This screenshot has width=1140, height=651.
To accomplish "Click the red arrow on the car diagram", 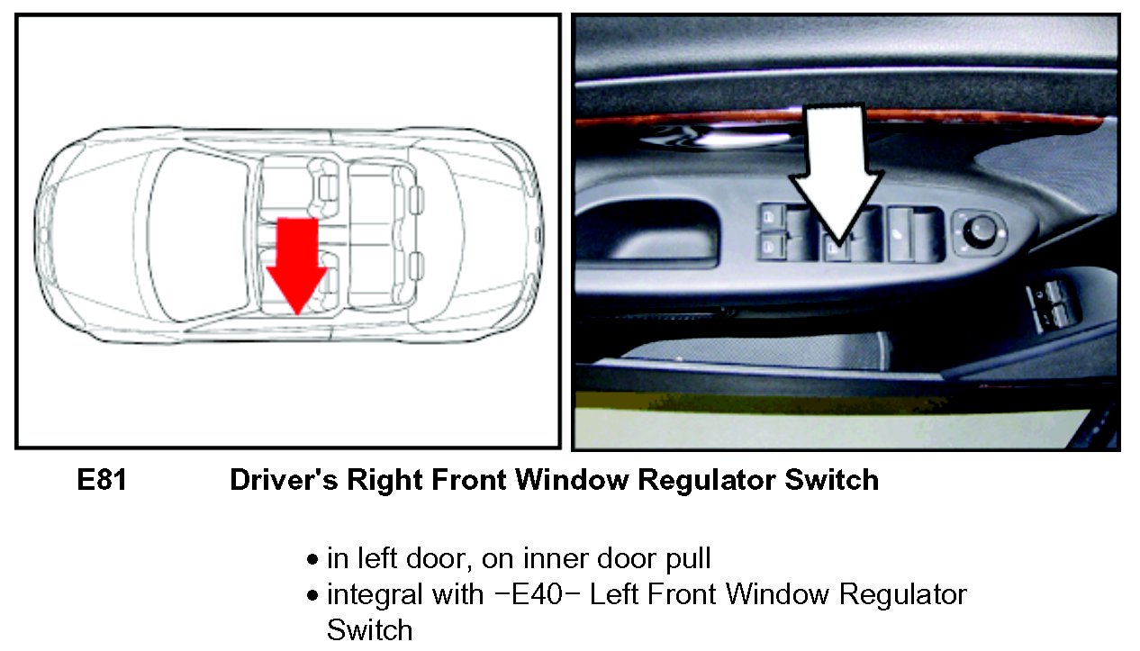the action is pyautogui.click(x=296, y=265).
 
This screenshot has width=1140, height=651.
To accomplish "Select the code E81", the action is pyautogui.click(x=102, y=480).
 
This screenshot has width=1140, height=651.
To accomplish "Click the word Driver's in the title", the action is pyautogui.click(x=284, y=480).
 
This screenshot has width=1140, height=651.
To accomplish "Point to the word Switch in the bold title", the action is pyautogui.click(x=832, y=480).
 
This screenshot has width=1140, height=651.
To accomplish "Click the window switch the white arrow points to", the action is pyautogui.click(x=837, y=249).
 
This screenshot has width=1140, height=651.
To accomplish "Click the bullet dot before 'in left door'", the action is pyautogui.click(x=312, y=560).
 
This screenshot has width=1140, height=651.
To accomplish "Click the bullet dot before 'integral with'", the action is pyautogui.click(x=312, y=595).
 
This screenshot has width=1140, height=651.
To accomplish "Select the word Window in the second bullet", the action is pyautogui.click(x=778, y=594).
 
